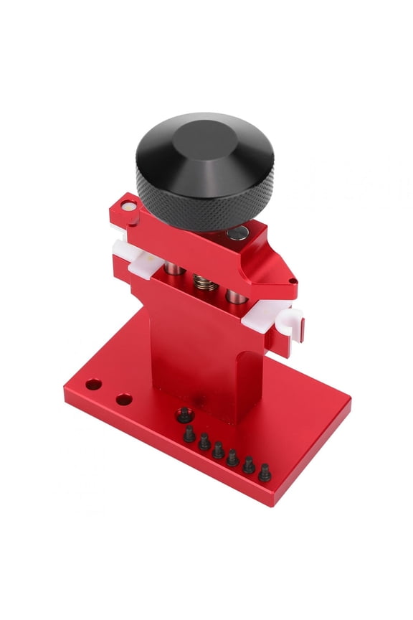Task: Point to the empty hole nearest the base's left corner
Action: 92,385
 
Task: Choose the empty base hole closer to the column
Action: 124,398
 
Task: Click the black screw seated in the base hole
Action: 184,413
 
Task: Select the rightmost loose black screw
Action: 265,472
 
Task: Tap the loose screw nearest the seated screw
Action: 189,433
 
